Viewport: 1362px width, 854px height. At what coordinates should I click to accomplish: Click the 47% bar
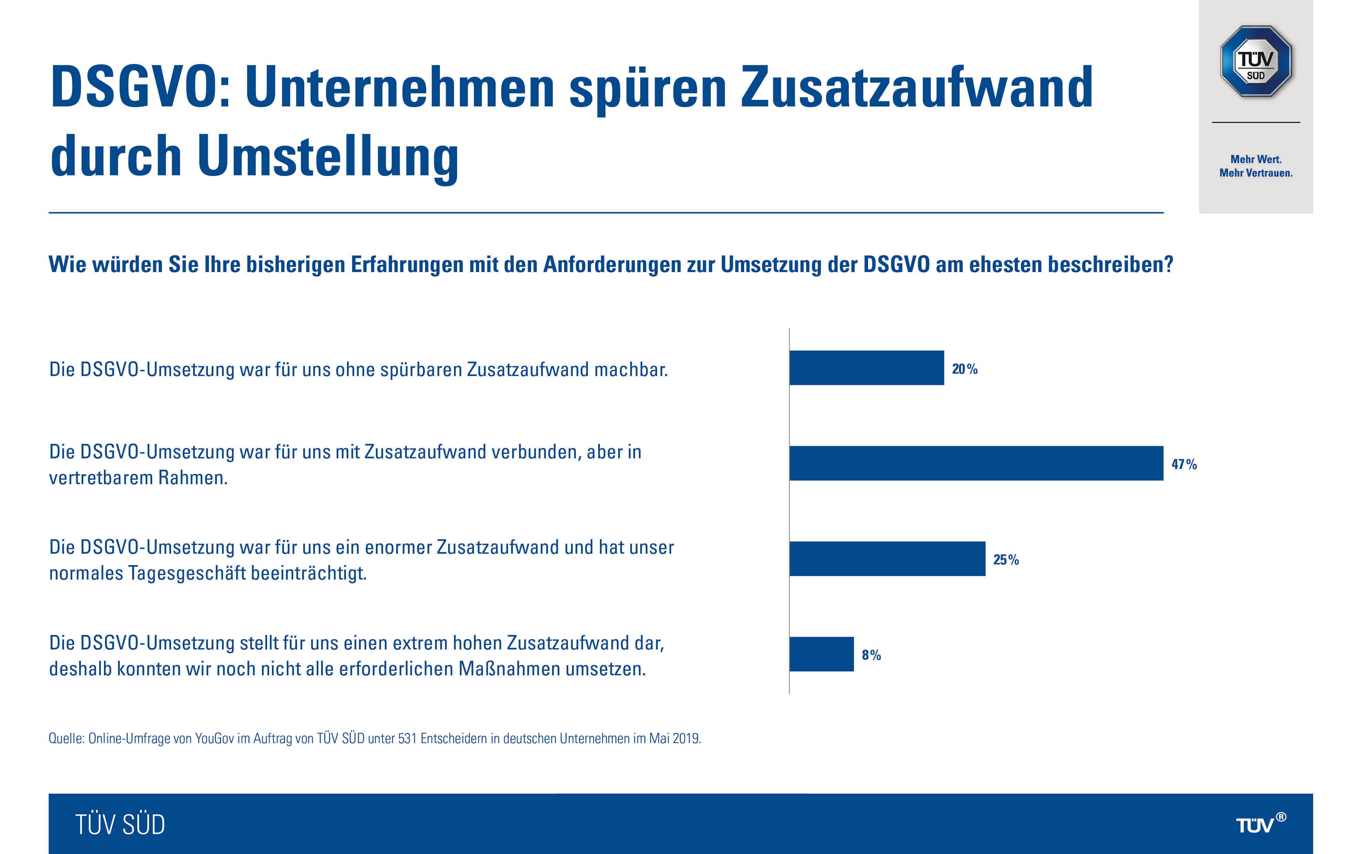click(x=976, y=463)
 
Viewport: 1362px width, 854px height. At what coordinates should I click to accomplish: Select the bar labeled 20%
click(x=866, y=368)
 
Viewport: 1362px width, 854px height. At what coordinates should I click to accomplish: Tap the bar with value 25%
click(x=887, y=559)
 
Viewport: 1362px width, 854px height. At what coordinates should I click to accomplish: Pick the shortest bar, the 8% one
click(x=821, y=654)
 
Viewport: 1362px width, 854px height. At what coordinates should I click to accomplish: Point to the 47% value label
click(x=1184, y=464)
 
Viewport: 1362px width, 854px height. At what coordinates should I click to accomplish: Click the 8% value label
click(x=871, y=655)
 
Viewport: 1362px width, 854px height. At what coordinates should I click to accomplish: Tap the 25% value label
click(x=1006, y=560)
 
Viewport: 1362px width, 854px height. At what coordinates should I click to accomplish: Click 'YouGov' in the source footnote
click(x=214, y=738)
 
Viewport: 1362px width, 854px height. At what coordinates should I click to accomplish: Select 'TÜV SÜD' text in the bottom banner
click(x=120, y=825)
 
